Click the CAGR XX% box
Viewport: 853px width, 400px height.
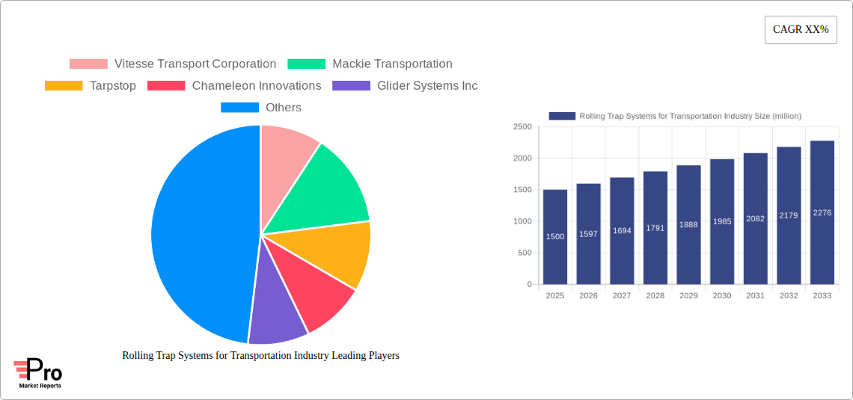[x=800, y=30]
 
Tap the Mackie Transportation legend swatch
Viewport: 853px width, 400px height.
[x=306, y=64]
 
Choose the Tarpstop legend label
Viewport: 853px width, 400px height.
[x=112, y=86]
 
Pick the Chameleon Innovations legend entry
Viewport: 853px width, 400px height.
[x=256, y=86]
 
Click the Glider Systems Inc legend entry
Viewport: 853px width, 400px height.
[x=426, y=86]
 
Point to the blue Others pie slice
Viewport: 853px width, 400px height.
[x=198, y=232]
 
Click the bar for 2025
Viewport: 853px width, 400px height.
[x=555, y=237]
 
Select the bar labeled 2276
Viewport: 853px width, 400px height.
[x=822, y=212]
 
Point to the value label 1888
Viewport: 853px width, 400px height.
[x=688, y=225]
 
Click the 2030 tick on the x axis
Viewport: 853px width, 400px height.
[x=722, y=296]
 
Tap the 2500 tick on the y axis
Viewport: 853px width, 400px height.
[x=522, y=127]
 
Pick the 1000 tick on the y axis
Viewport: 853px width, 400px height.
[x=522, y=221]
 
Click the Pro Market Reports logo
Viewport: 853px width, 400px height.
[x=38, y=373]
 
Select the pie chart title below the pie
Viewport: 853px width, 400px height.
[x=260, y=356]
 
